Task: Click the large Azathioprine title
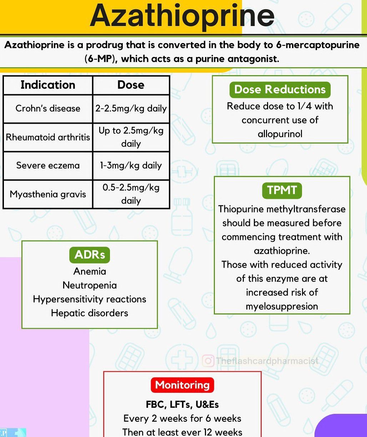click(182, 16)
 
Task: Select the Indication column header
click(48, 85)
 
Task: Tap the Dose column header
click(131, 85)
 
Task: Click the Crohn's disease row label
click(48, 108)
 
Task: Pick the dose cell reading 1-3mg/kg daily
click(131, 165)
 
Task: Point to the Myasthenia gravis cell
click(48, 194)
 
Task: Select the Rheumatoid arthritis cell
click(48, 137)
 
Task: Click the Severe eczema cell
click(48, 165)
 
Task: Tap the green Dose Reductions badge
click(280, 89)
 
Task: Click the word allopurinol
click(280, 134)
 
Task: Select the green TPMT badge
click(282, 190)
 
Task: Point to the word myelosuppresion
click(282, 306)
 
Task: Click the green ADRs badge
click(90, 255)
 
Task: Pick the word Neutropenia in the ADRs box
click(90, 285)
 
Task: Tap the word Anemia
click(90, 271)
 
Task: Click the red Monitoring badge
click(182, 385)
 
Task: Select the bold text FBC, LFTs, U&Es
click(182, 405)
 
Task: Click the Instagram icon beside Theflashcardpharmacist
click(208, 361)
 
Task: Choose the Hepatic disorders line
click(90, 313)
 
